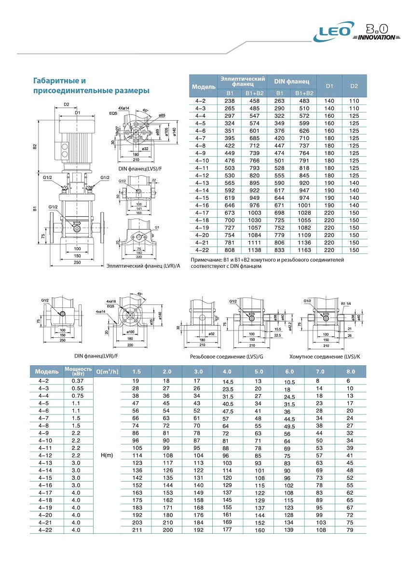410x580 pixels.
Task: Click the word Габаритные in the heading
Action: (53, 81)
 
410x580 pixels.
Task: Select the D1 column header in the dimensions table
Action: (329, 86)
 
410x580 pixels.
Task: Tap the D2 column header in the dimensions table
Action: (354, 86)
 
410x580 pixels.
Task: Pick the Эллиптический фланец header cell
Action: (243, 81)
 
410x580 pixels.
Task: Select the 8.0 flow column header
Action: (351, 372)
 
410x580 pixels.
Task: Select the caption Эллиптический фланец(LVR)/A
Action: (143, 265)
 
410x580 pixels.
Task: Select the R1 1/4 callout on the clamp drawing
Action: (347, 304)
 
